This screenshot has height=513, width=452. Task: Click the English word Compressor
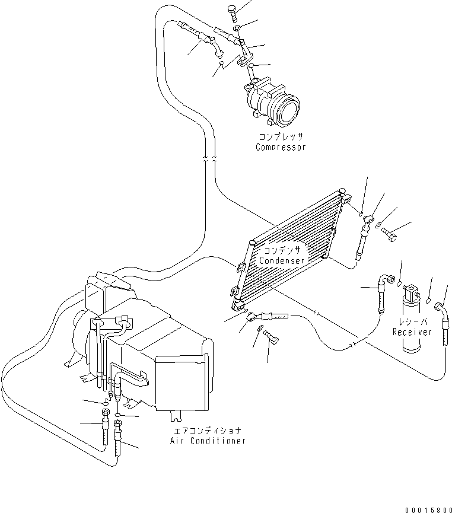[x=281, y=147]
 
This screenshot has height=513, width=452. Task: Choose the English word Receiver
[x=412, y=332]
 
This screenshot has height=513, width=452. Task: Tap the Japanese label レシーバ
[x=412, y=322]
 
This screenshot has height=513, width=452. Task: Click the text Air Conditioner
[x=207, y=441]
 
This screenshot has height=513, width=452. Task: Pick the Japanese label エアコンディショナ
[x=207, y=431]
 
